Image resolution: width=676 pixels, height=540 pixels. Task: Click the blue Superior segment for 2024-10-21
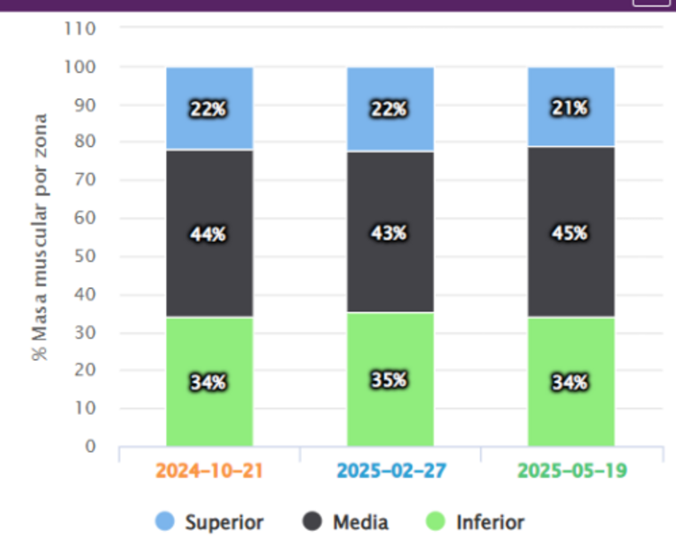209,90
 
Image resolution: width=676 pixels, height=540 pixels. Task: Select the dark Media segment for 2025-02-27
389,270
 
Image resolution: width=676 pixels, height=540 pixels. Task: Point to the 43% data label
389,233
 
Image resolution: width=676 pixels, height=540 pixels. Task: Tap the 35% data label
389,379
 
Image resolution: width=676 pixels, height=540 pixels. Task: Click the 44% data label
208,234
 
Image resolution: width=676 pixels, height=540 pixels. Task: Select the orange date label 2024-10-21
209,470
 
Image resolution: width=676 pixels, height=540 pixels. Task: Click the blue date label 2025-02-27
389,470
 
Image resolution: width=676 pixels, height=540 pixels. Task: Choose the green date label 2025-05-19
571,470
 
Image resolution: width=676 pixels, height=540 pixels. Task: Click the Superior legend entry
210,522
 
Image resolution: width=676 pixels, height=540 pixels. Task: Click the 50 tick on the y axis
86,256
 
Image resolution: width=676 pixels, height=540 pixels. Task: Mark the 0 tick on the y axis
90,446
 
